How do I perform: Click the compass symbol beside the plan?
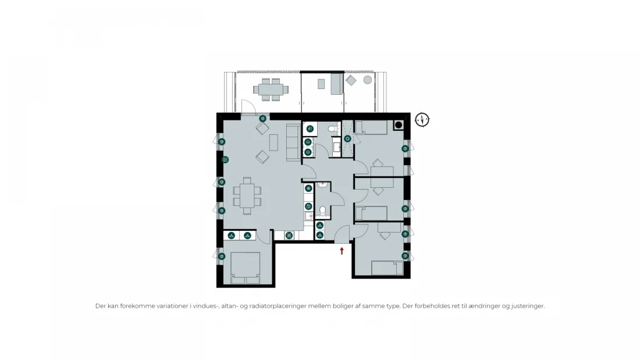422,120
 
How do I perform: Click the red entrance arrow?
342,251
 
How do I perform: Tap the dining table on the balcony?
271,90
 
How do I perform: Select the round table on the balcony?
368,80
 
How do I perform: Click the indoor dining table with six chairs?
247,196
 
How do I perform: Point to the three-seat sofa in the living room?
293,142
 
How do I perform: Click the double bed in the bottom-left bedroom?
246,268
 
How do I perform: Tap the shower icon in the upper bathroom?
347,139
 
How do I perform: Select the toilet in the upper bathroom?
333,129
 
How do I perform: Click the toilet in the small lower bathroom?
322,210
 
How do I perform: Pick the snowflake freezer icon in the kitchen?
308,188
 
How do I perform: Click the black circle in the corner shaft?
399,125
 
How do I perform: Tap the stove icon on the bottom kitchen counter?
289,235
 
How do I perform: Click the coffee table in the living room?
273,142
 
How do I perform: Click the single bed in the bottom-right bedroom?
387,268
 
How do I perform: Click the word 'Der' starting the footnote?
101,306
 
